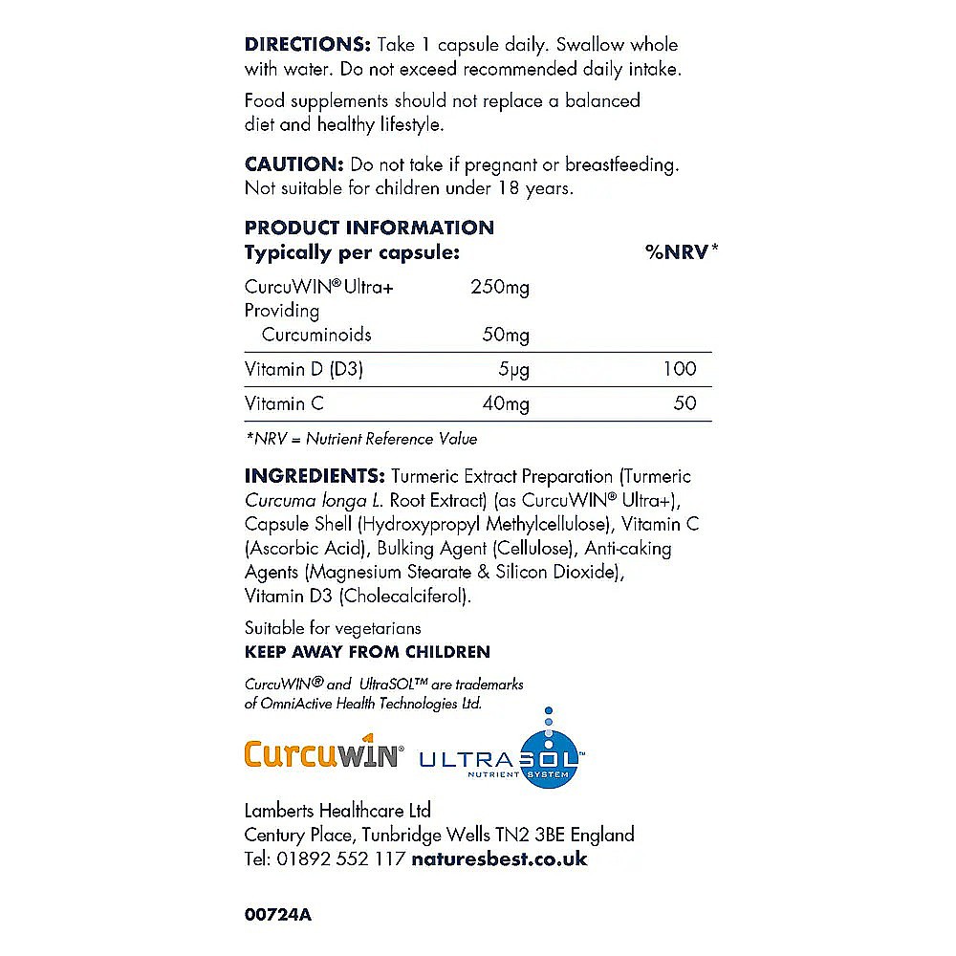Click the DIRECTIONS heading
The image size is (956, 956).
pos(307,45)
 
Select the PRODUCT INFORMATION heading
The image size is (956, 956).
pos(369,228)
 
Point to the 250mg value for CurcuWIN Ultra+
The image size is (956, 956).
pos(500,287)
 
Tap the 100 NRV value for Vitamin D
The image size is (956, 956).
pos(680,369)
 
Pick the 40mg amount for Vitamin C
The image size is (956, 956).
pos(505,403)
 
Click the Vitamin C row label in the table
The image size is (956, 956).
pos(284,403)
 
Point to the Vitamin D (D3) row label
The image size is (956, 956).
pos(304,369)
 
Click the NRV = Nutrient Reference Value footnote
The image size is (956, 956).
pos(360,439)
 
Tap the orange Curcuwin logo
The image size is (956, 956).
pos(321,753)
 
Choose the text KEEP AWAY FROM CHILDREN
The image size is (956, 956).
pos(367,652)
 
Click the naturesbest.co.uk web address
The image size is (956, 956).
pos(499,858)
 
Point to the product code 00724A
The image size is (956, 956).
pos(278,914)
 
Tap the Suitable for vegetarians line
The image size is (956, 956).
pos(333,628)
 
